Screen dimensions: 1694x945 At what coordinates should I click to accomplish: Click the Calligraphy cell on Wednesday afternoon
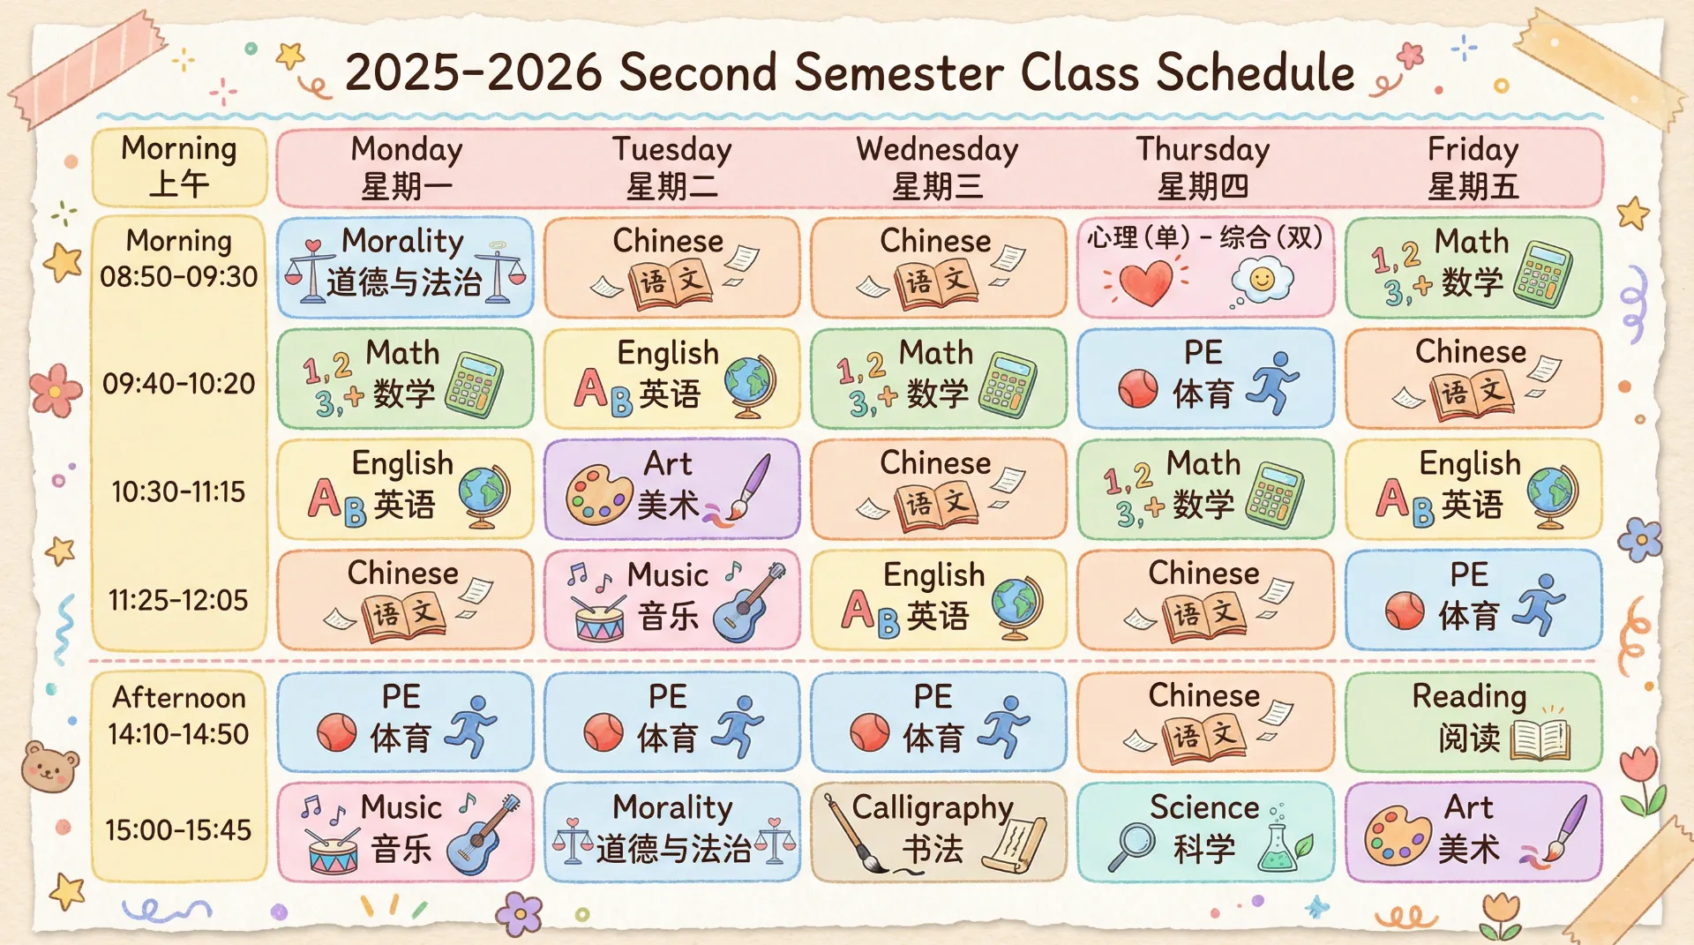(x=938, y=831)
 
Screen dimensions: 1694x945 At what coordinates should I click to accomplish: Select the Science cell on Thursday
(x=1205, y=831)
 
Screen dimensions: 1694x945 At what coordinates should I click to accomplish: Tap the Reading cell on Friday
(x=1473, y=721)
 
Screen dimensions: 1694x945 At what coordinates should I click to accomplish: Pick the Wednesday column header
(x=937, y=168)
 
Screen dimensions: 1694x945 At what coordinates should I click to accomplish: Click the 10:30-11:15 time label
(x=178, y=491)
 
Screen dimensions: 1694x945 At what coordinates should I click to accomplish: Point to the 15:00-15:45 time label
(x=178, y=829)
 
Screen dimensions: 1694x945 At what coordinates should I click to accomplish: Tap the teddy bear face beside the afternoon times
(x=49, y=768)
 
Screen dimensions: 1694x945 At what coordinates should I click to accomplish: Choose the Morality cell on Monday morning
(x=405, y=266)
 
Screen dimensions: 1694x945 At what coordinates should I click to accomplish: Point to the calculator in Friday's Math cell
(x=1542, y=274)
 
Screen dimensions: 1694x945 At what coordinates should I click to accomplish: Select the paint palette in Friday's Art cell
(x=1398, y=836)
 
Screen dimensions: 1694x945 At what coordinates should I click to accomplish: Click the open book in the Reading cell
(x=1540, y=740)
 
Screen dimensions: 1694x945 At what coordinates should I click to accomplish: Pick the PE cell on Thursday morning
(x=1205, y=378)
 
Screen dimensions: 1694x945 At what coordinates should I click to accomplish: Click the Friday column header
(x=1473, y=168)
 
